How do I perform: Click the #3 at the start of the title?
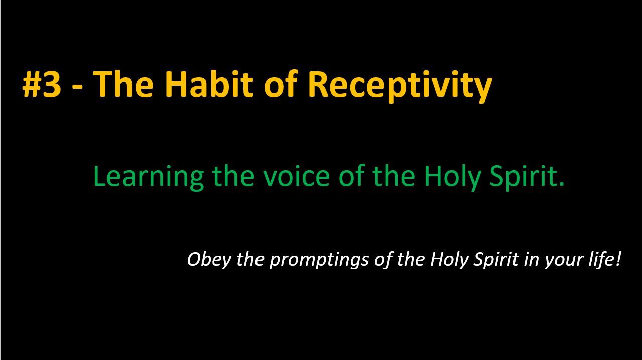(x=42, y=85)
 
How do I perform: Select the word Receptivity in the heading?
(x=400, y=86)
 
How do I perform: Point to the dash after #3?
(x=77, y=88)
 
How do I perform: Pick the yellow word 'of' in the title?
(x=280, y=84)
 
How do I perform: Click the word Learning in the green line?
(x=149, y=177)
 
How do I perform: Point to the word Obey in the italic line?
(x=209, y=260)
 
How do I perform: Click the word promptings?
(x=319, y=261)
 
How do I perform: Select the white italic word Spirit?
(x=496, y=260)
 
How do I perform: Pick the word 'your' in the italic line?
(x=560, y=262)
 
